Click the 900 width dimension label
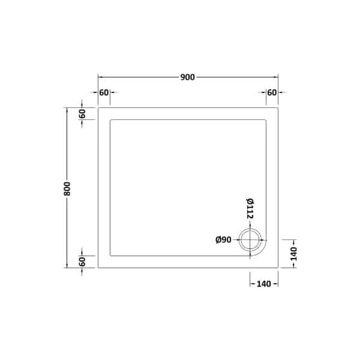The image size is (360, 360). tap(187, 77)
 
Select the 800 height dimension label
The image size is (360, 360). tap(67, 188)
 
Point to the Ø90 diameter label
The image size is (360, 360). tap(223, 240)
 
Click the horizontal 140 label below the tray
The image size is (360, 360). tap(263, 283)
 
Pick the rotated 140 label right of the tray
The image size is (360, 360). tap(293, 254)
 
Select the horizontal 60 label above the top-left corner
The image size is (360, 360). tap(104, 92)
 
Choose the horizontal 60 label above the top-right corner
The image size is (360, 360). tap(272, 92)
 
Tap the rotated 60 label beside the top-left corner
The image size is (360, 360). tap(82, 113)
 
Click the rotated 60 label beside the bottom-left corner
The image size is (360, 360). tap(82, 262)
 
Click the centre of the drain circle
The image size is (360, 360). tap(250, 240)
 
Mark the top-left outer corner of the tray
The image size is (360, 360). tap(98, 108)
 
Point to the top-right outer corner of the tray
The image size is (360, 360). tap(278, 108)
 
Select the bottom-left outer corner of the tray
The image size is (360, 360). tap(98, 268)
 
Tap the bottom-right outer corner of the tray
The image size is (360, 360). tap(278, 268)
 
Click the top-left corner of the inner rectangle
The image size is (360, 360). tap(110, 120)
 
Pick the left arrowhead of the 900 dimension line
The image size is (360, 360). tap(100, 77)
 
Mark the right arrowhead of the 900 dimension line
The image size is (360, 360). tap(276, 77)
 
